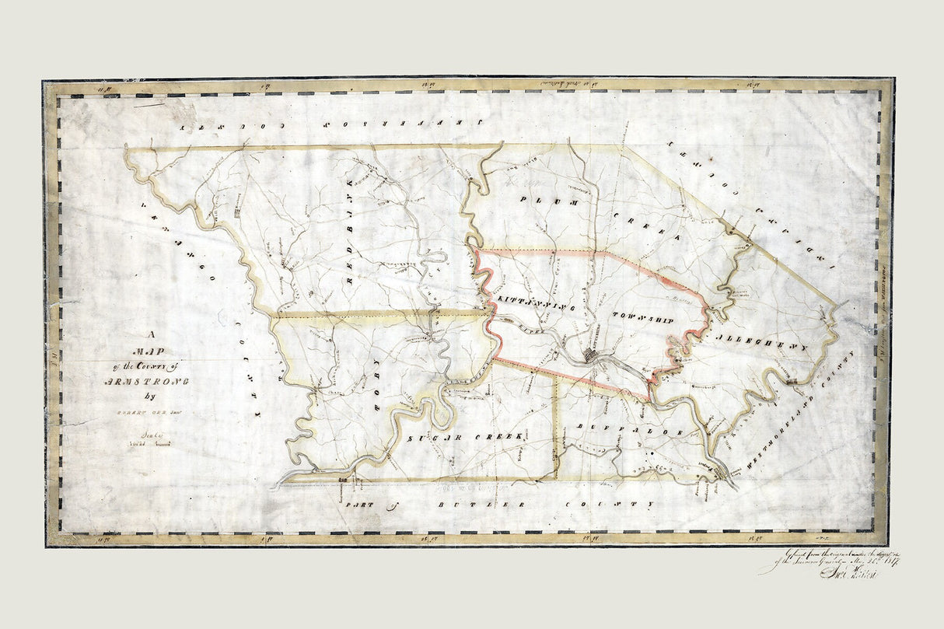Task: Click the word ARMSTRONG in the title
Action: coord(144,381)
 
